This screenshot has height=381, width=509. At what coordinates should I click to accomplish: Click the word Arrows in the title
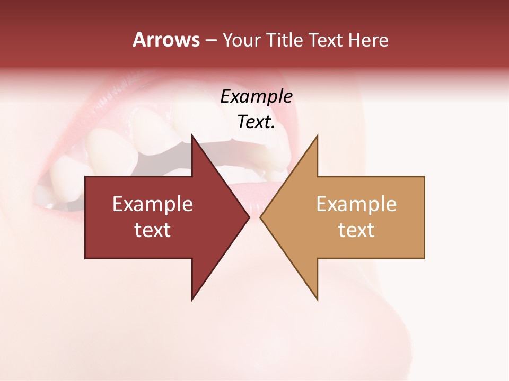tap(166, 40)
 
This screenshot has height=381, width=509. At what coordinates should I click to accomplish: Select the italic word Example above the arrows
tap(256, 97)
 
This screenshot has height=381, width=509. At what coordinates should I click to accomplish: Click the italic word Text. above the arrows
tap(256, 122)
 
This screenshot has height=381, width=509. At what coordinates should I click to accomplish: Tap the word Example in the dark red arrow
tap(153, 204)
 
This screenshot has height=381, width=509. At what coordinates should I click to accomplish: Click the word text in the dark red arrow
tap(153, 230)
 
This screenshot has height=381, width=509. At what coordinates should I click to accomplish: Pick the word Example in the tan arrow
tap(356, 204)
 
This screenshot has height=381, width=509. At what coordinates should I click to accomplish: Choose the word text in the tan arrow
tap(356, 230)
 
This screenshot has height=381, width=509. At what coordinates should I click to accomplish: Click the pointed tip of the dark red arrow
tap(249, 217)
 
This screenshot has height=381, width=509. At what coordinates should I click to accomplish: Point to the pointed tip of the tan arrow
tap(260, 217)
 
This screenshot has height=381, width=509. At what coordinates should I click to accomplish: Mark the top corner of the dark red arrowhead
tap(192, 135)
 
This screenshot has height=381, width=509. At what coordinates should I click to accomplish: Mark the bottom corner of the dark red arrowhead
tap(192, 300)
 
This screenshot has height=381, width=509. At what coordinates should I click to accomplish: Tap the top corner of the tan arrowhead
tap(317, 135)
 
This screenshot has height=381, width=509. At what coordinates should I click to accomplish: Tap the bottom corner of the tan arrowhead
tap(317, 300)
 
